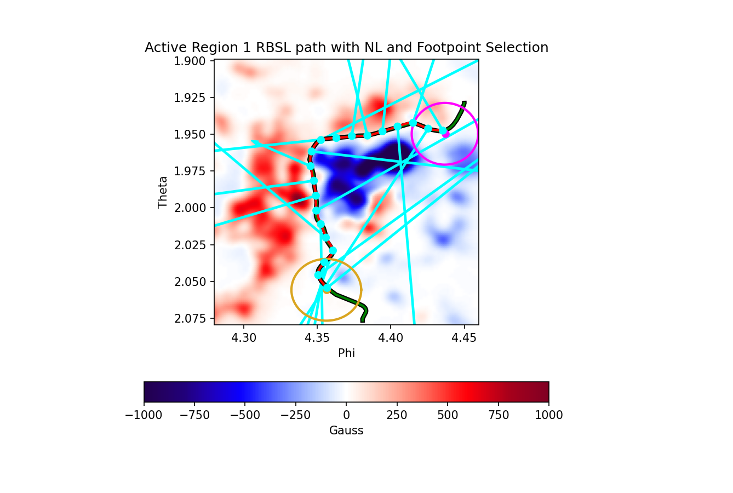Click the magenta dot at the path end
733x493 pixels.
click(x=445, y=134)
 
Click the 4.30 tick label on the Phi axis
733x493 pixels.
click(x=244, y=338)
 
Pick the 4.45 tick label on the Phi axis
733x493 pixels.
click(x=464, y=338)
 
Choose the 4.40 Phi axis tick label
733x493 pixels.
click(x=391, y=338)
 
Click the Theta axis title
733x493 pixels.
click(x=163, y=192)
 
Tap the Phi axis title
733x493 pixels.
click(x=346, y=353)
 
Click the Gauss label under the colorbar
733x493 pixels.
click(x=346, y=431)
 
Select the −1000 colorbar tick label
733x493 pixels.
click(x=144, y=415)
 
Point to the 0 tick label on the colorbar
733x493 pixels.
click(x=346, y=415)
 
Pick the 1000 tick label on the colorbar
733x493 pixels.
click(x=549, y=415)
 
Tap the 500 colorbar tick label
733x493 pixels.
click(x=448, y=415)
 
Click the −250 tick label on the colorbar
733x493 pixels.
click(x=296, y=415)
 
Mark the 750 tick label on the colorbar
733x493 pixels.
click(x=498, y=415)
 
